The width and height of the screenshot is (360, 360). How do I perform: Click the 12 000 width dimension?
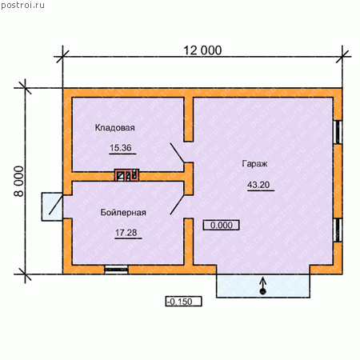click(x=202, y=50)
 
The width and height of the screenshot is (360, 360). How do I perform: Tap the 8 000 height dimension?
click(x=19, y=182)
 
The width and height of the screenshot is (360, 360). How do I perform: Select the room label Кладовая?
click(x=115, y=127)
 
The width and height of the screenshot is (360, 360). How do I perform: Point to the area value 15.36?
click(x=121, y=148)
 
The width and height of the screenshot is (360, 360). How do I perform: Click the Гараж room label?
click(x=254, y=163)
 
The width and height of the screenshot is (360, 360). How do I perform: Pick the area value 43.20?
click(x=258, y=185)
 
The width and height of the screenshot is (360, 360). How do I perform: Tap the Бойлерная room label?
click(x=123, y=212)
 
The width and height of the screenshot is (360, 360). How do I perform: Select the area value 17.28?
click(x=126, y=233)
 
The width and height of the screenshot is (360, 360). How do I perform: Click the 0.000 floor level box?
click(x=222, y=225)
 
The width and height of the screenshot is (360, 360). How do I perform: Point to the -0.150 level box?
click(x=183, y=302)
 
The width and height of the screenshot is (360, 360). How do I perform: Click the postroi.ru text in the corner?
click(x=22, y=6)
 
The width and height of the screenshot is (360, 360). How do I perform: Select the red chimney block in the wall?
click(x=126, y=175)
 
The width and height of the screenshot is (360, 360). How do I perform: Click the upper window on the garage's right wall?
click(x=338, y=132)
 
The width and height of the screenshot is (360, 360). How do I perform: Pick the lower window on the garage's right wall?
click(x=338, y=230)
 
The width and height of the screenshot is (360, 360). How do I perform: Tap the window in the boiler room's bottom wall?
click(x=116, y=270)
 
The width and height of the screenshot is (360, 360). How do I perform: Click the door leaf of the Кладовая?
click(x=177, y=153)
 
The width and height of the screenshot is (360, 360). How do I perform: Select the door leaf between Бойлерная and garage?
click(x=177, y=205)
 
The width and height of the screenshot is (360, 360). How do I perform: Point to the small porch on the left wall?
click(x=52, y=206)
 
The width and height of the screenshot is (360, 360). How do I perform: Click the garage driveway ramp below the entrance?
click(x=263, y=286)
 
